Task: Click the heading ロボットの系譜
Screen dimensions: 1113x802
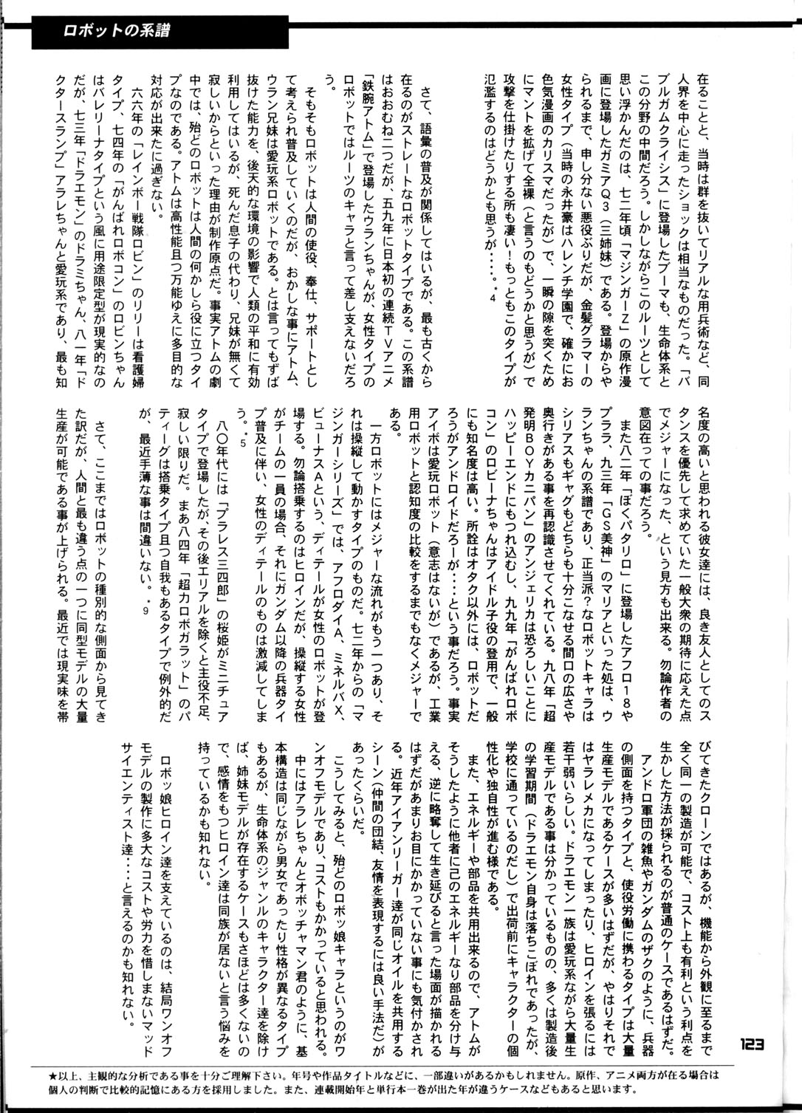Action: point(121,32)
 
